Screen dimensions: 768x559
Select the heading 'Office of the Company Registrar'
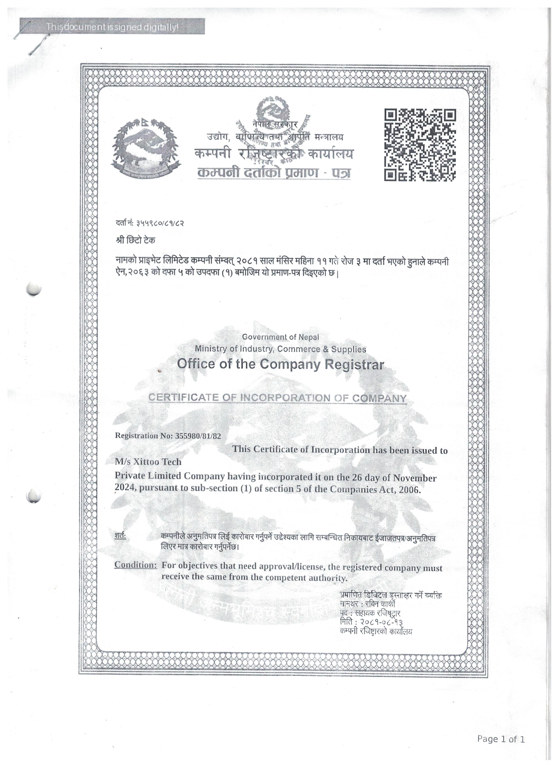281,364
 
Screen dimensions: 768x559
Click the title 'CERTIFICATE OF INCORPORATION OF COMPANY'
277,398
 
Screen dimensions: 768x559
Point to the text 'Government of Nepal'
280,337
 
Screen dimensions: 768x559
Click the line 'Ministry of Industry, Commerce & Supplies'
280,349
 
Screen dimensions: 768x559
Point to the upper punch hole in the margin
34,289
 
